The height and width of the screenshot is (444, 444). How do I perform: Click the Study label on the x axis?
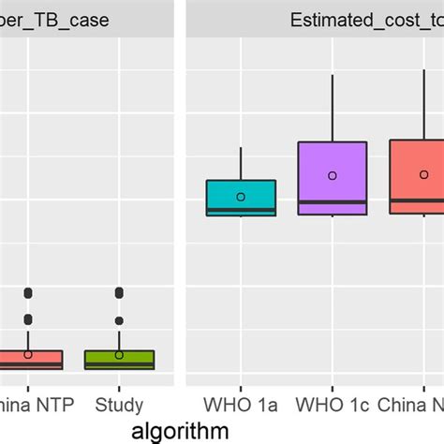click(x=119, y=405)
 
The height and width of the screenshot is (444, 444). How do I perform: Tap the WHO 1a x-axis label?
click(x=241, y=405)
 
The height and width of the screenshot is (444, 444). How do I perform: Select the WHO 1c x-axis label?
click(x=332, y=405)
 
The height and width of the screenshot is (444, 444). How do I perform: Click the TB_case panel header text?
click(x=56, y=20)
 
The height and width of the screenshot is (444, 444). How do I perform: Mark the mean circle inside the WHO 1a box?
click(x=241, y=197)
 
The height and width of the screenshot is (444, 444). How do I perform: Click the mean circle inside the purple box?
click(x=332, y=175)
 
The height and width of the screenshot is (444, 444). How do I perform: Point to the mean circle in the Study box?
click(x=119, y=354)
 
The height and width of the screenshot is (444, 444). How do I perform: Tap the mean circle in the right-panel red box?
click(x=423, y=174)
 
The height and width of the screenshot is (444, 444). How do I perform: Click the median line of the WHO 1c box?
click(x=332, y=201)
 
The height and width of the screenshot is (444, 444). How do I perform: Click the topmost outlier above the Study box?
click(x=119, y=292)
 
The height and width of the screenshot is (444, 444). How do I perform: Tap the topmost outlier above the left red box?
click(x=28, y=292)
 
